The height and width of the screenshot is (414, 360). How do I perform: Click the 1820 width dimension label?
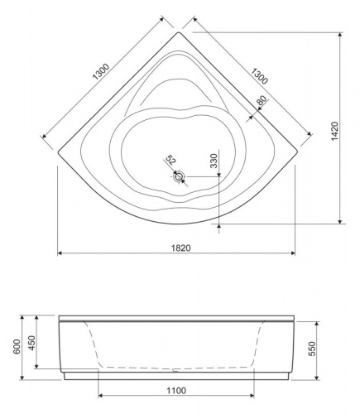pyautogui.click(x=181, y=248)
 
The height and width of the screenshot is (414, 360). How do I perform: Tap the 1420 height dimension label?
pyautogui.click(x=334, y=132)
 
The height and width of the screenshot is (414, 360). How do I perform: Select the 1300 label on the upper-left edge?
pyautogui.click(x=101, y=72)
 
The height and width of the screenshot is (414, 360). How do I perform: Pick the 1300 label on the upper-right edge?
pyautogui.click(x=259, y=76)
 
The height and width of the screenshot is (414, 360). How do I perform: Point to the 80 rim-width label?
pyautogui.click(x=262, y=100)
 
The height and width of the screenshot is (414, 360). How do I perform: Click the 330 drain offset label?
pyautogui.click(x=214, y=161)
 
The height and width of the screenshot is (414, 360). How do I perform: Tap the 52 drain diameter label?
pyautogui.click(x=171, y=160)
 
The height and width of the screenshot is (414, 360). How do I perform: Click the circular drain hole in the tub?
pyautogui.click(x=179, y=176)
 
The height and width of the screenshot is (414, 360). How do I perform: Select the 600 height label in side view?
pyautogui.click(x=17, y=347)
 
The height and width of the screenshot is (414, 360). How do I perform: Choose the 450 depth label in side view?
pyautogui.click(x=32, y=343)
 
